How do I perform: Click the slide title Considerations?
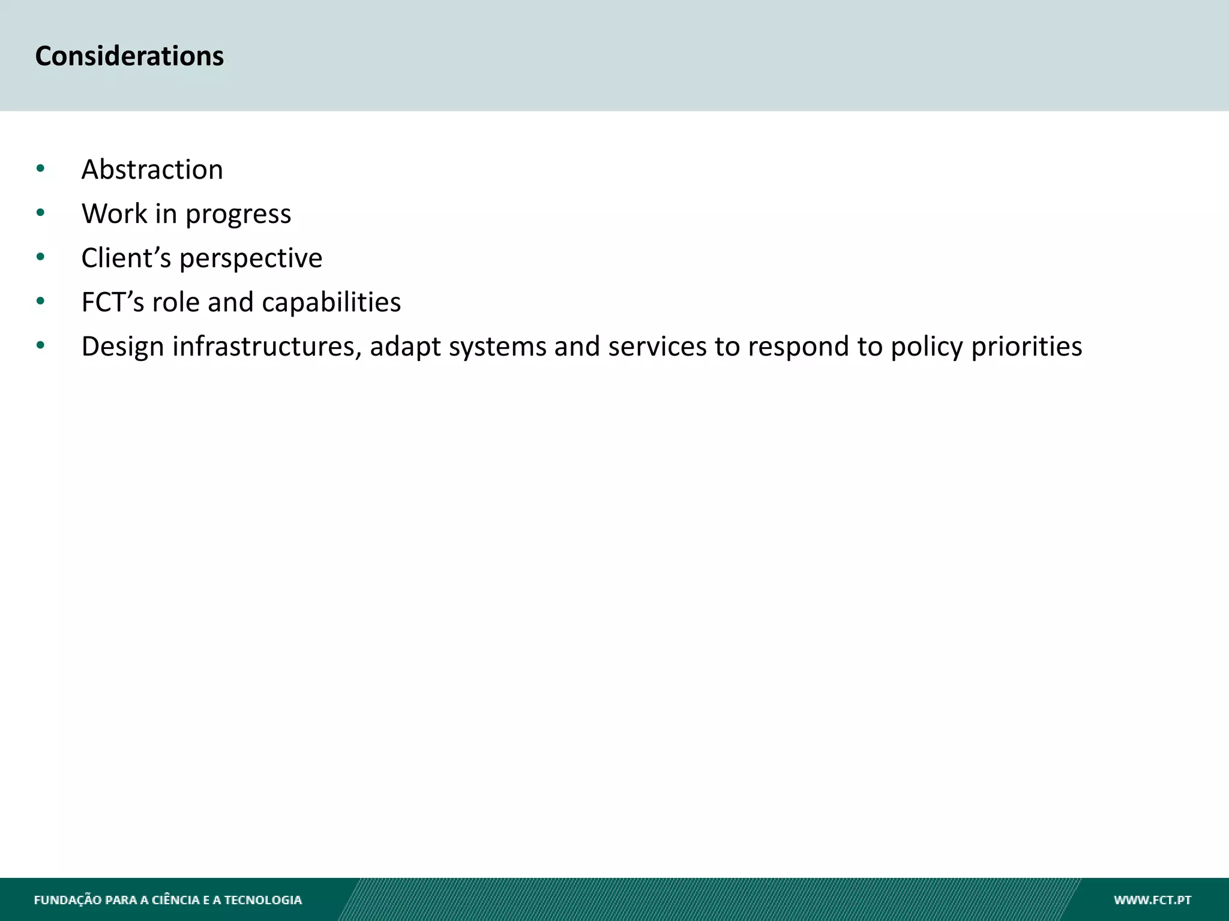129,56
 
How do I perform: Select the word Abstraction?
152,170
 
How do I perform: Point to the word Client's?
126,258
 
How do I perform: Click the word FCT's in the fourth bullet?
113,302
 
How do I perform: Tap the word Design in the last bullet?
122,347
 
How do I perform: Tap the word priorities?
1026,347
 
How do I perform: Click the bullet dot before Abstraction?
40,168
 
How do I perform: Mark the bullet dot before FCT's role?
40,301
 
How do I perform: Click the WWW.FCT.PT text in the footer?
1152,900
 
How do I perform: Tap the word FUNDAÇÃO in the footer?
68,900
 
